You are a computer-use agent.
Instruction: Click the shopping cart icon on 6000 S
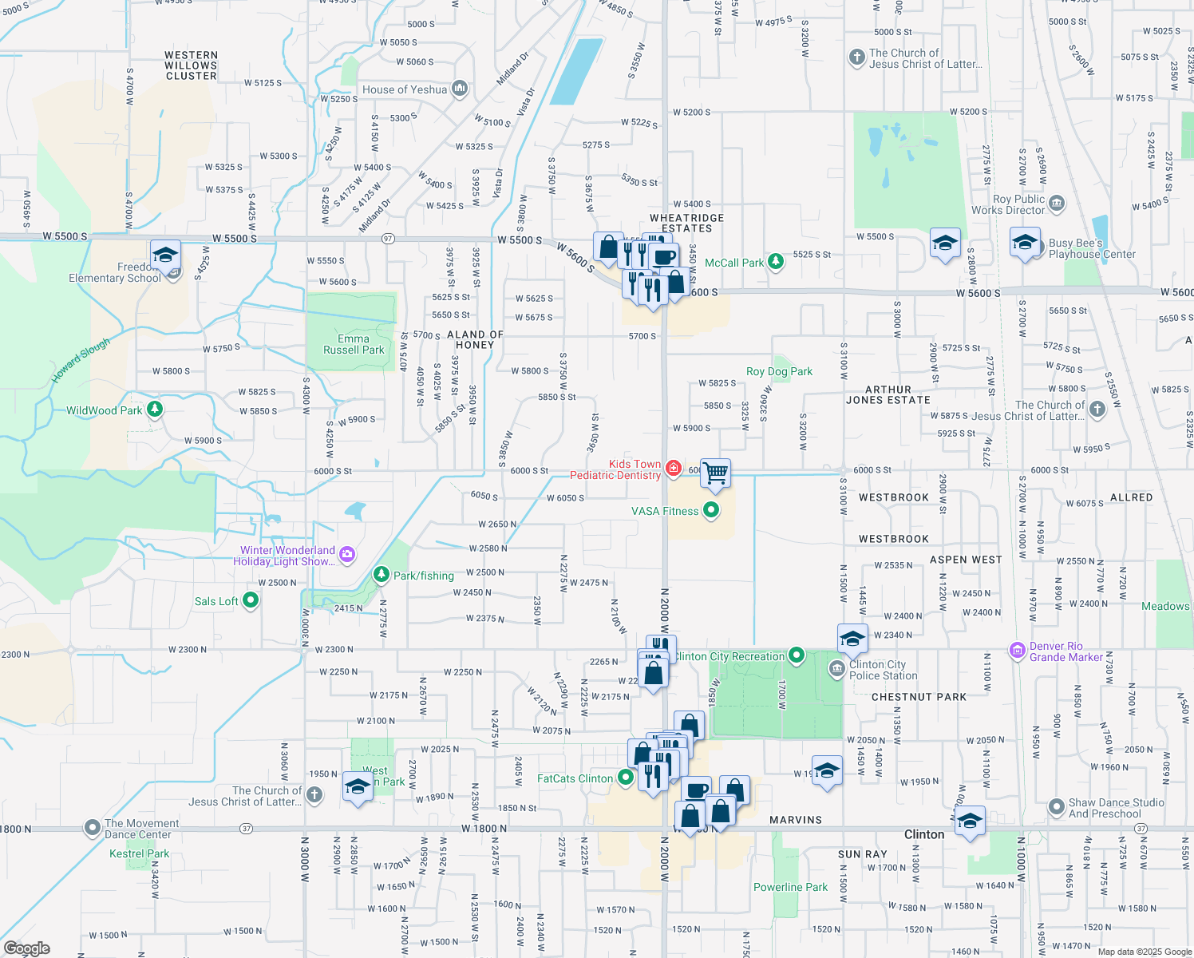(x=715, y=473)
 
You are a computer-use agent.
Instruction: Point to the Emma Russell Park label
(x=354, y=344)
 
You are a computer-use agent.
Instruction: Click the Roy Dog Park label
(x=779, y=371)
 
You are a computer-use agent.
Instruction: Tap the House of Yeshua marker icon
(x=460, y=89)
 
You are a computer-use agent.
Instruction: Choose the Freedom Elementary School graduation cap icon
(x=165, y=255)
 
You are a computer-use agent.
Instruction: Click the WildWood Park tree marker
(x=155, y=410)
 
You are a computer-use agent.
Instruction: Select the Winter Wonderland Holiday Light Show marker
(x=346, y=555)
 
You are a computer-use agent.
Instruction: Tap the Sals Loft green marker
(x=251, y=600)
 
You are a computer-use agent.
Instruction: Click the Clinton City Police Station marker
(x=836, y=668)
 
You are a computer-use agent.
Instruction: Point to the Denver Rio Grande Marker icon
(x=1017, y=651)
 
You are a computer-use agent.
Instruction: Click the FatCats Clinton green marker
(x=626, y=777)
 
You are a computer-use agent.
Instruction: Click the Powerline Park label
(x=790, y=887)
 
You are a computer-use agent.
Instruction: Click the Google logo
(x=26, y=948)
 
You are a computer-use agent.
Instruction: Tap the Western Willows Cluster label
(x=191, y=65)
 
